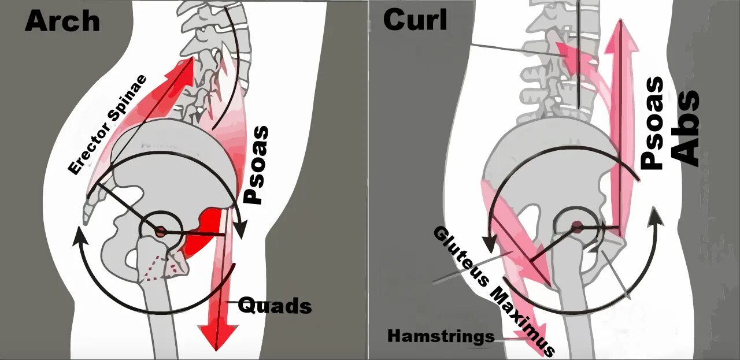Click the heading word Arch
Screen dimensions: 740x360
point(62,21)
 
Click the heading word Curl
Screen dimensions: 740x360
point(415,20)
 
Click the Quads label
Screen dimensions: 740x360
point(275,305)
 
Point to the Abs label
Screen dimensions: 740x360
point(686,129)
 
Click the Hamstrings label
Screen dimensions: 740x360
point(441,336)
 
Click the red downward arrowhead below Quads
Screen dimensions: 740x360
point(219,335)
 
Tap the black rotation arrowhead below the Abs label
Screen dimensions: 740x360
point(657,217)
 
